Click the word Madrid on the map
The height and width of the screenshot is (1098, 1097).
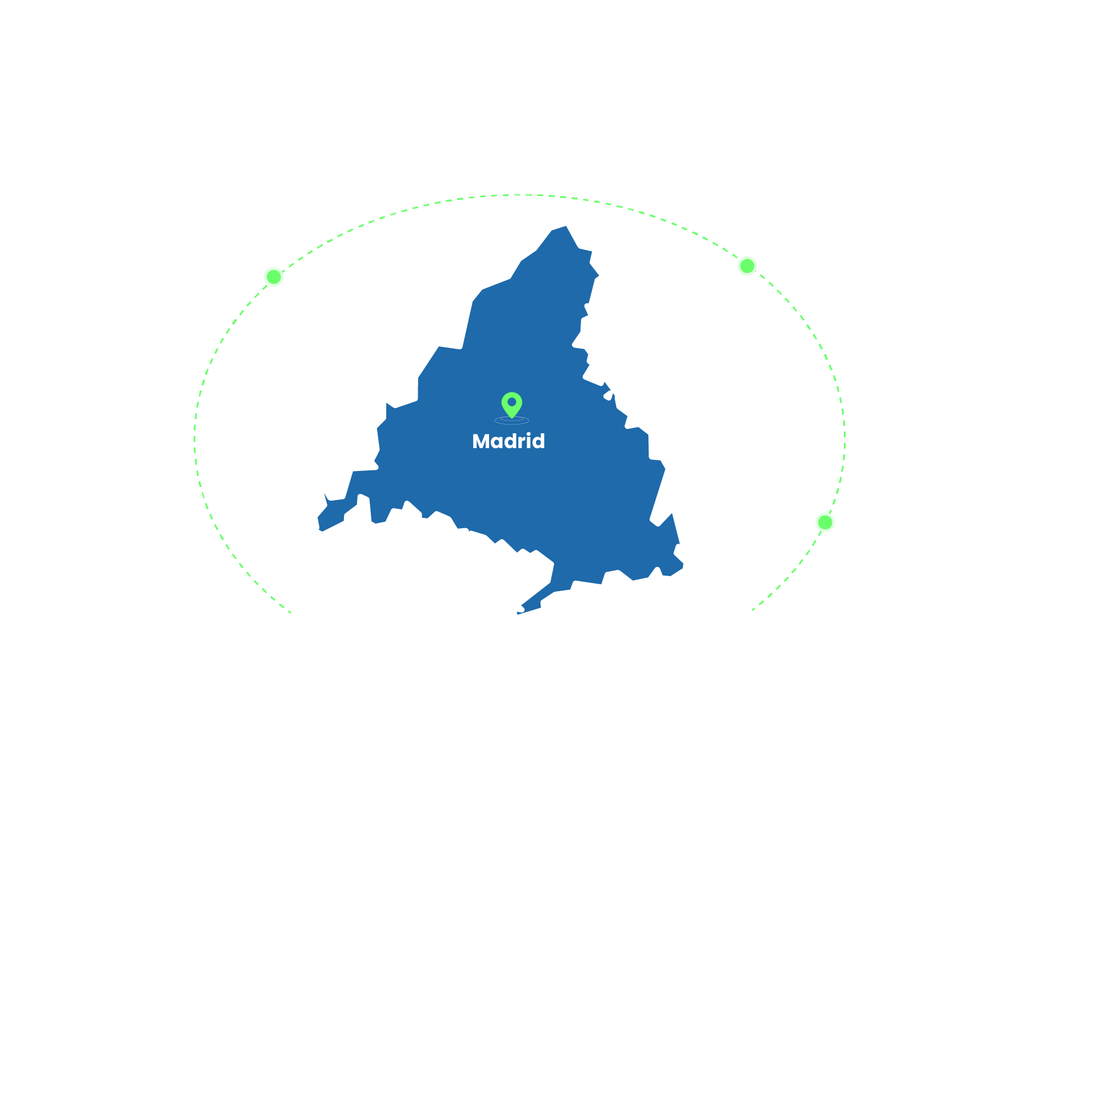(x=509, y=441)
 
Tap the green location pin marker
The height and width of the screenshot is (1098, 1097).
(x=512, y=404)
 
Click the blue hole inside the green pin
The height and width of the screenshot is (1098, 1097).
(x=512, y=402)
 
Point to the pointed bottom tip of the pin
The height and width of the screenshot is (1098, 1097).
(x=512, y=418)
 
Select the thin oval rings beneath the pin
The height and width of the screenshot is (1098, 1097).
(x=512, y=421)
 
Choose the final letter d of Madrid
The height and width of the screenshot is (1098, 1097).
(x=538, y=441)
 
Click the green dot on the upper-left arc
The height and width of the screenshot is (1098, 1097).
(x=274, y=277)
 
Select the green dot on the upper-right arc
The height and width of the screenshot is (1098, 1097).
(x=747, y=266)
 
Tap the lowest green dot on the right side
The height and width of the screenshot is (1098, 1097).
(x=825, y=522)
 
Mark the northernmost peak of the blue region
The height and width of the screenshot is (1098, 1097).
(x=566, y=226)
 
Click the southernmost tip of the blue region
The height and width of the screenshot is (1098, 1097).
(x=518, y=613)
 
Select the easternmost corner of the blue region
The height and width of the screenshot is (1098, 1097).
(x=683, y=566)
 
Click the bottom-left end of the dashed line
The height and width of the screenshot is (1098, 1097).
(x=291, y=613)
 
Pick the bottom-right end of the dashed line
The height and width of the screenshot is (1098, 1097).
(x=752, y=610)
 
